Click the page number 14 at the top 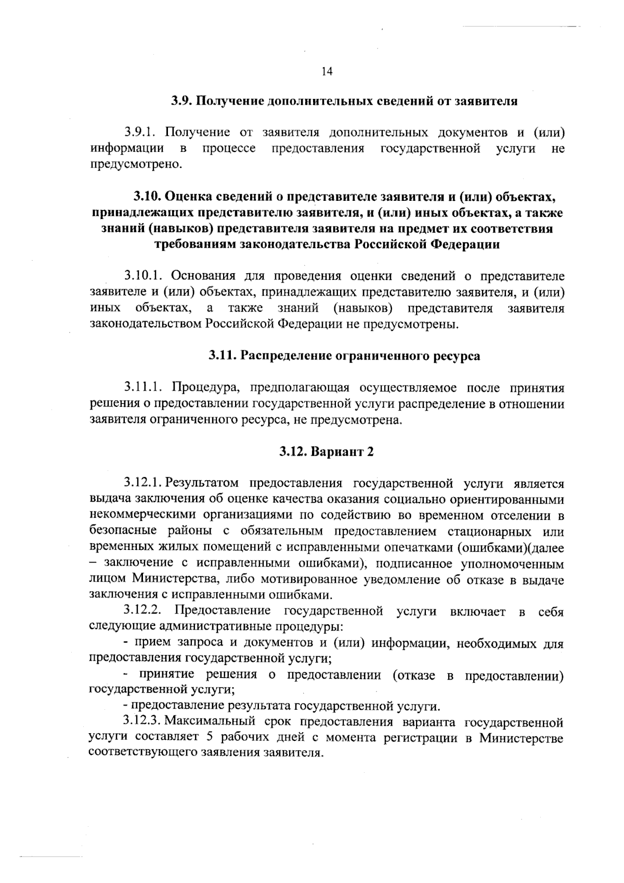point(327,72)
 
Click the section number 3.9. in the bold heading point(183,101)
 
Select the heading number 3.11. point(222,356)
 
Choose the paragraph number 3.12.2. point(143,611)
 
